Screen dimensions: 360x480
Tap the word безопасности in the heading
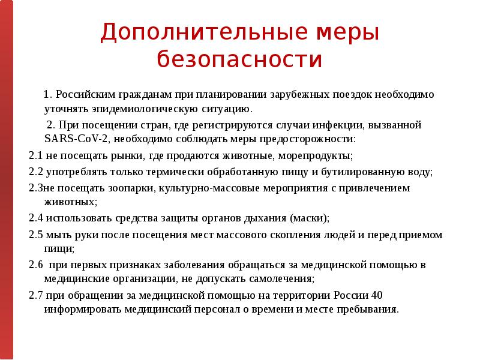[x=239, y=60]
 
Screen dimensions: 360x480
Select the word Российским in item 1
[x=83, y=95]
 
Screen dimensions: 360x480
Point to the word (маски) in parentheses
[x=309, y=218]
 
